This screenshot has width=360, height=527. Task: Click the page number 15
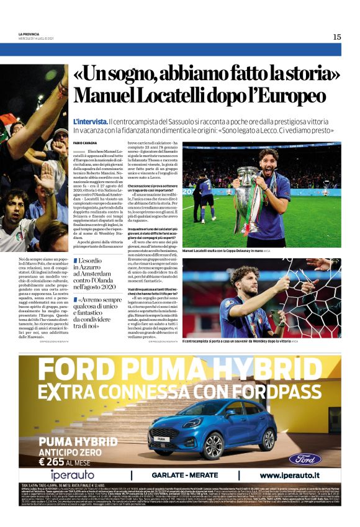[x=336, y=37]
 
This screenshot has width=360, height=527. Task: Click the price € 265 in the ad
[x=58, y=462]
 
